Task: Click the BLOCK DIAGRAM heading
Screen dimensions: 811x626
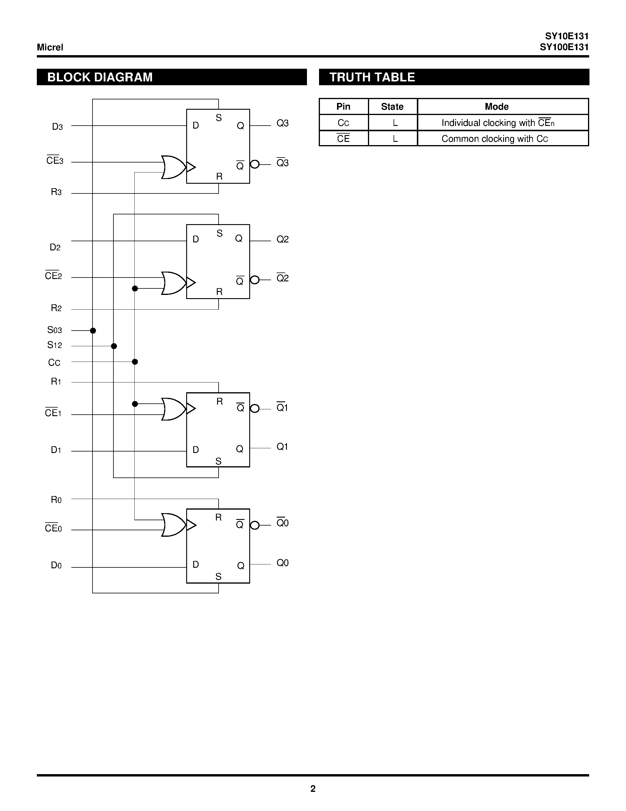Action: point(100,77)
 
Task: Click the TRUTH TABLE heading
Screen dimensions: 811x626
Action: point(372,77)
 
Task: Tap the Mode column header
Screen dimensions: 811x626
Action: point(497,106)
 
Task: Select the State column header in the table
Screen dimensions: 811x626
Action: point(392,106)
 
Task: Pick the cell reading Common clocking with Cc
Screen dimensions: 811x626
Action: point(495,139)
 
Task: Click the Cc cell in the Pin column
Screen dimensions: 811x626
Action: point(343,123)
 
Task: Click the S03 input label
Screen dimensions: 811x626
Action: point(54,330)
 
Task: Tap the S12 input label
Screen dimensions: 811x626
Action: point(54,345)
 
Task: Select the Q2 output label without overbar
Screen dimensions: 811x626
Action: point(282,239)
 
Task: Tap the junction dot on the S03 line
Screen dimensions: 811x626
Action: point(93,331)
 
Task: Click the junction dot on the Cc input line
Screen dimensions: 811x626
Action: point(135,362)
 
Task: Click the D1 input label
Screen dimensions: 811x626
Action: point(56,450)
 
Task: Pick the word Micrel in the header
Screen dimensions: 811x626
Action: point(50,47)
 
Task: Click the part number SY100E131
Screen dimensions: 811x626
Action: point(564,47)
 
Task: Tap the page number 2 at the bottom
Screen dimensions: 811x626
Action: point(313,789)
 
